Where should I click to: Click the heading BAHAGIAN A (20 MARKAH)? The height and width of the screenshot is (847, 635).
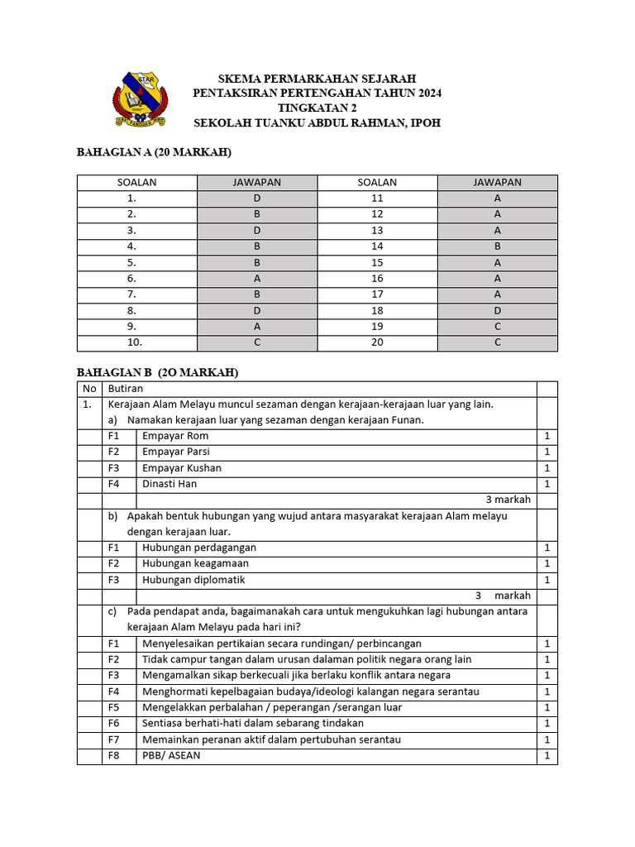154,152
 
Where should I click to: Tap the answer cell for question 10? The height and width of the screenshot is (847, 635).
256,342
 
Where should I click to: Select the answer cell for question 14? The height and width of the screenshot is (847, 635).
497,246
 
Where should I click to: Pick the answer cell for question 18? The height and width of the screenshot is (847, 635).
497,310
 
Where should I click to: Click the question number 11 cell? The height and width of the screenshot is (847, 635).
377,199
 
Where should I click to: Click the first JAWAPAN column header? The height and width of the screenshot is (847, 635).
256,183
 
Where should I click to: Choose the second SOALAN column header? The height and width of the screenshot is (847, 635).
377,183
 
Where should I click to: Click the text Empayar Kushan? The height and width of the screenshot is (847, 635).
181,468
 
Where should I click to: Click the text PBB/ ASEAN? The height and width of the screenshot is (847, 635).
171,756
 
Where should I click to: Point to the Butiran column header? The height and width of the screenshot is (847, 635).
126,389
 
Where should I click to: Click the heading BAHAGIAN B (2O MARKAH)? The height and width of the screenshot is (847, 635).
157,373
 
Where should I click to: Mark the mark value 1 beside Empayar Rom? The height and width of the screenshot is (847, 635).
547,436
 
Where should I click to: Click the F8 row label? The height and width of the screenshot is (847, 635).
114,756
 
